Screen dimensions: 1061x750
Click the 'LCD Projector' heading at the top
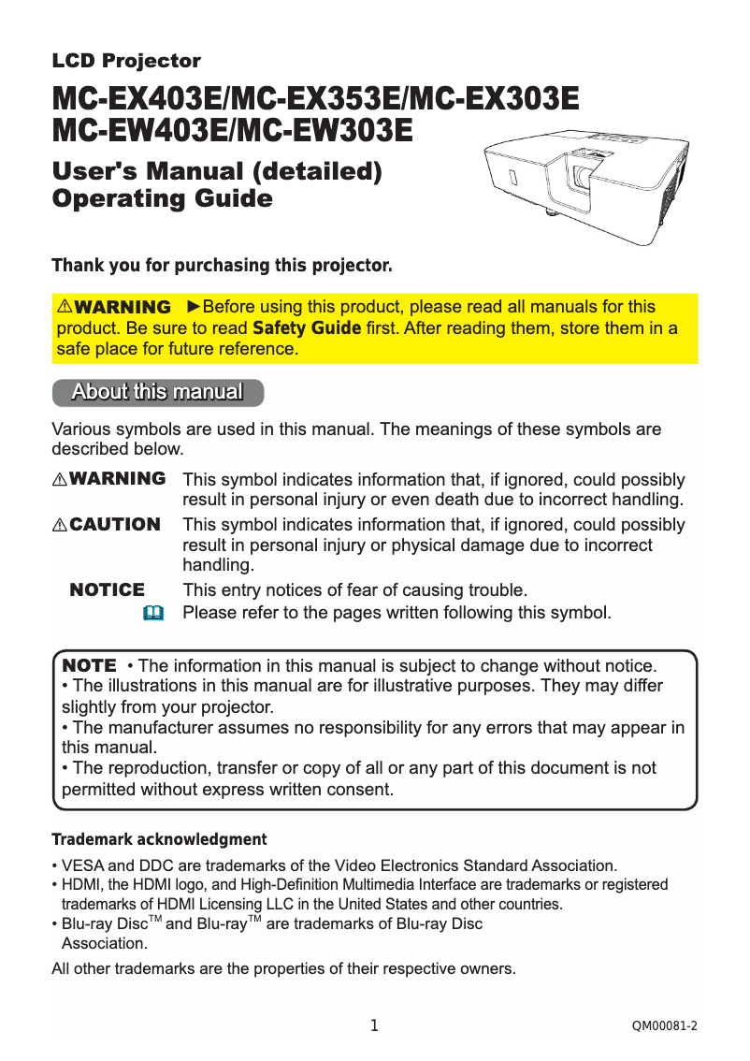tap(126, 62)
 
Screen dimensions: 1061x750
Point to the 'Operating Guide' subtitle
tap(162, 199)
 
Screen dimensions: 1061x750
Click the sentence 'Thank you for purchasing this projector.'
tap(222, 266)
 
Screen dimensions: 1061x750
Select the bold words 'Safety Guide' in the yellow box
tap(307, 328)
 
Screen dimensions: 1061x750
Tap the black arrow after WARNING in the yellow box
tap(194, 307)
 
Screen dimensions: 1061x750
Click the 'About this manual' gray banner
tap(157, 392)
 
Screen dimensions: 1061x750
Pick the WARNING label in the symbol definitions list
tap(118, 479)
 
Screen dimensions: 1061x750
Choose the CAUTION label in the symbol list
tap(115, 525)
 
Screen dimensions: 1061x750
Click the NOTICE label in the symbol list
tap(108, 590)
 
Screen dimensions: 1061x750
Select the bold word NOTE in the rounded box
tap(89, 665)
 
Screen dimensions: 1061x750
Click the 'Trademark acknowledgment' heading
tap(159, 839)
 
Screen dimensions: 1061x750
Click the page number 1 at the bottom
tap(374, 1026)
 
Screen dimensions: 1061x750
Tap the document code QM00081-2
tap(665, 1027)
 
